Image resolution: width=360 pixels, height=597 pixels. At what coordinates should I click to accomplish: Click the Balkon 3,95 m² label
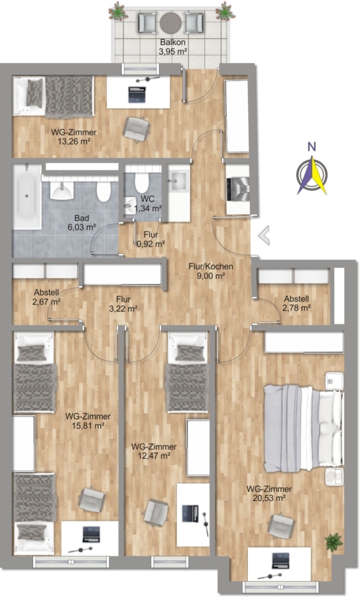click(x=173, y=47)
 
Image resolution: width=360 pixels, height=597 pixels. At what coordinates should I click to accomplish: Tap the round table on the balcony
click(x=170, y=23)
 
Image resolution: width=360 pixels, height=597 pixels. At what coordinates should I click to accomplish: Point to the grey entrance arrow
click(x=264, y=235)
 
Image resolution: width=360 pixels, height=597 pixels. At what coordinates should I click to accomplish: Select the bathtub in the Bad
click(x=27, y=197)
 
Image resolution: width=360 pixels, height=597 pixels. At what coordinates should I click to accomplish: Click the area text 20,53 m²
click(x=269, y=497)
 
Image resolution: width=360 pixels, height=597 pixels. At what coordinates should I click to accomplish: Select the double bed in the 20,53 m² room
click(x=303, y=429)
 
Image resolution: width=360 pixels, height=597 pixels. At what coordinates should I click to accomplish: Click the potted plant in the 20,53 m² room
click(x=333, y=542)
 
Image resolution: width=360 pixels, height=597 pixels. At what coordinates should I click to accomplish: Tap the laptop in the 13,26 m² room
click(x=137, y=95)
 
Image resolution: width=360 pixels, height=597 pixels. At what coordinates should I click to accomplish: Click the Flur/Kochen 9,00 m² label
click(x=211, y=271)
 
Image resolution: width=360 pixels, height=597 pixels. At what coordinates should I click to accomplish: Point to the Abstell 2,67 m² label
click(x=46, y=297)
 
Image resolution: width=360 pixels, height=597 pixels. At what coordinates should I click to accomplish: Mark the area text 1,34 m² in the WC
click(x=148, y=208)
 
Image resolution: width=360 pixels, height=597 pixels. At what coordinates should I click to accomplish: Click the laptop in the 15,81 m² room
click(x=91, y=534)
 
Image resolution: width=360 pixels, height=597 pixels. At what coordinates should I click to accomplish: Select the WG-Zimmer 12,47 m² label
click(x=154, y=451)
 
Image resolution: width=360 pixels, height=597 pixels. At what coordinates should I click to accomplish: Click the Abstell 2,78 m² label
click(x=296, y=303)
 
